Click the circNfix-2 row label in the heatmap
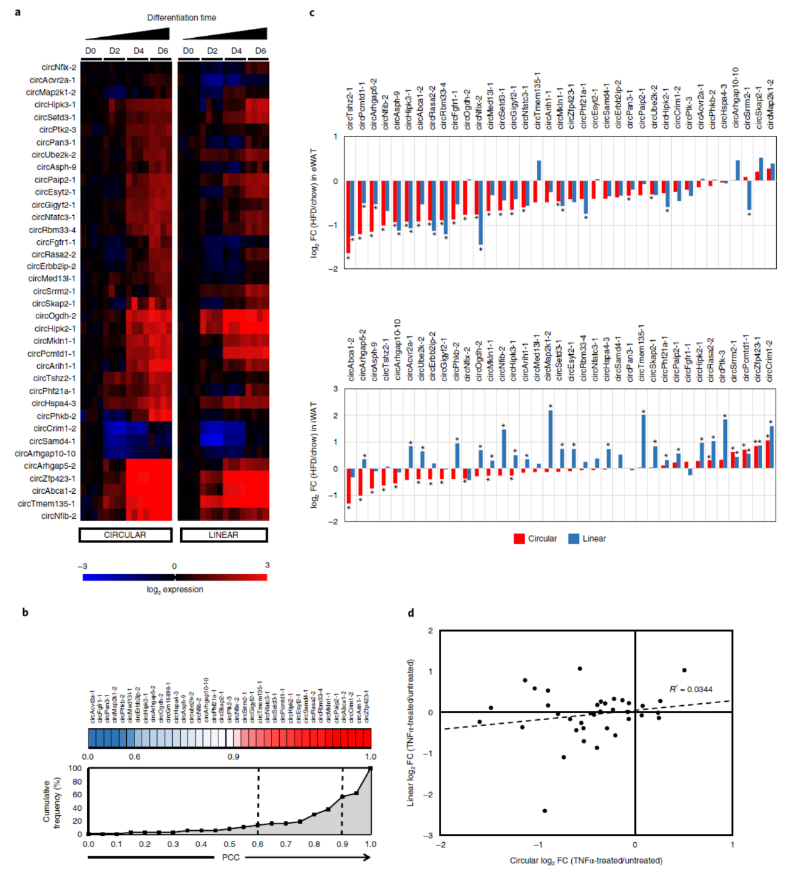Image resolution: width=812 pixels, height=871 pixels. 59,67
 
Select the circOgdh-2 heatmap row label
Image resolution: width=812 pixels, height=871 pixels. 56,316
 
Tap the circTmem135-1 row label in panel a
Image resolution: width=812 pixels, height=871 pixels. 47,503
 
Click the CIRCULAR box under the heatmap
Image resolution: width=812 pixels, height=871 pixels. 125,535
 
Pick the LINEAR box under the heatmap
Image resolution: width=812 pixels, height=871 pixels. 223,535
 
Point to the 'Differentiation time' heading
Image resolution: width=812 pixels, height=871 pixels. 181,18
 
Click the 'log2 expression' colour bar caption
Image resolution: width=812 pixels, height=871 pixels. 175,589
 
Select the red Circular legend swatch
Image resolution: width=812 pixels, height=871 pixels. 519,539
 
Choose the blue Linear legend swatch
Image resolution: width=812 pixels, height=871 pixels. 574,539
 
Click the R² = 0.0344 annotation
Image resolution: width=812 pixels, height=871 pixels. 690,689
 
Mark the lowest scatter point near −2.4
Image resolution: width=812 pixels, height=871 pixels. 544,811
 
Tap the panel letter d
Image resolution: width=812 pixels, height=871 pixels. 410,613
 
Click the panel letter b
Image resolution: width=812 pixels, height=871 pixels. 26,612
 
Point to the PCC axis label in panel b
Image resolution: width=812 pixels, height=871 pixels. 231,857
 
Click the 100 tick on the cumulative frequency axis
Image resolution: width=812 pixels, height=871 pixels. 76,769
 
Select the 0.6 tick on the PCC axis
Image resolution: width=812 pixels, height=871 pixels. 257,844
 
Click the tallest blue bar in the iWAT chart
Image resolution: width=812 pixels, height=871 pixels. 550,439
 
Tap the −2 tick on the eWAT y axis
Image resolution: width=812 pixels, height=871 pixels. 334,268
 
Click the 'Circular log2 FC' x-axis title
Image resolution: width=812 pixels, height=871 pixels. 586,860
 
